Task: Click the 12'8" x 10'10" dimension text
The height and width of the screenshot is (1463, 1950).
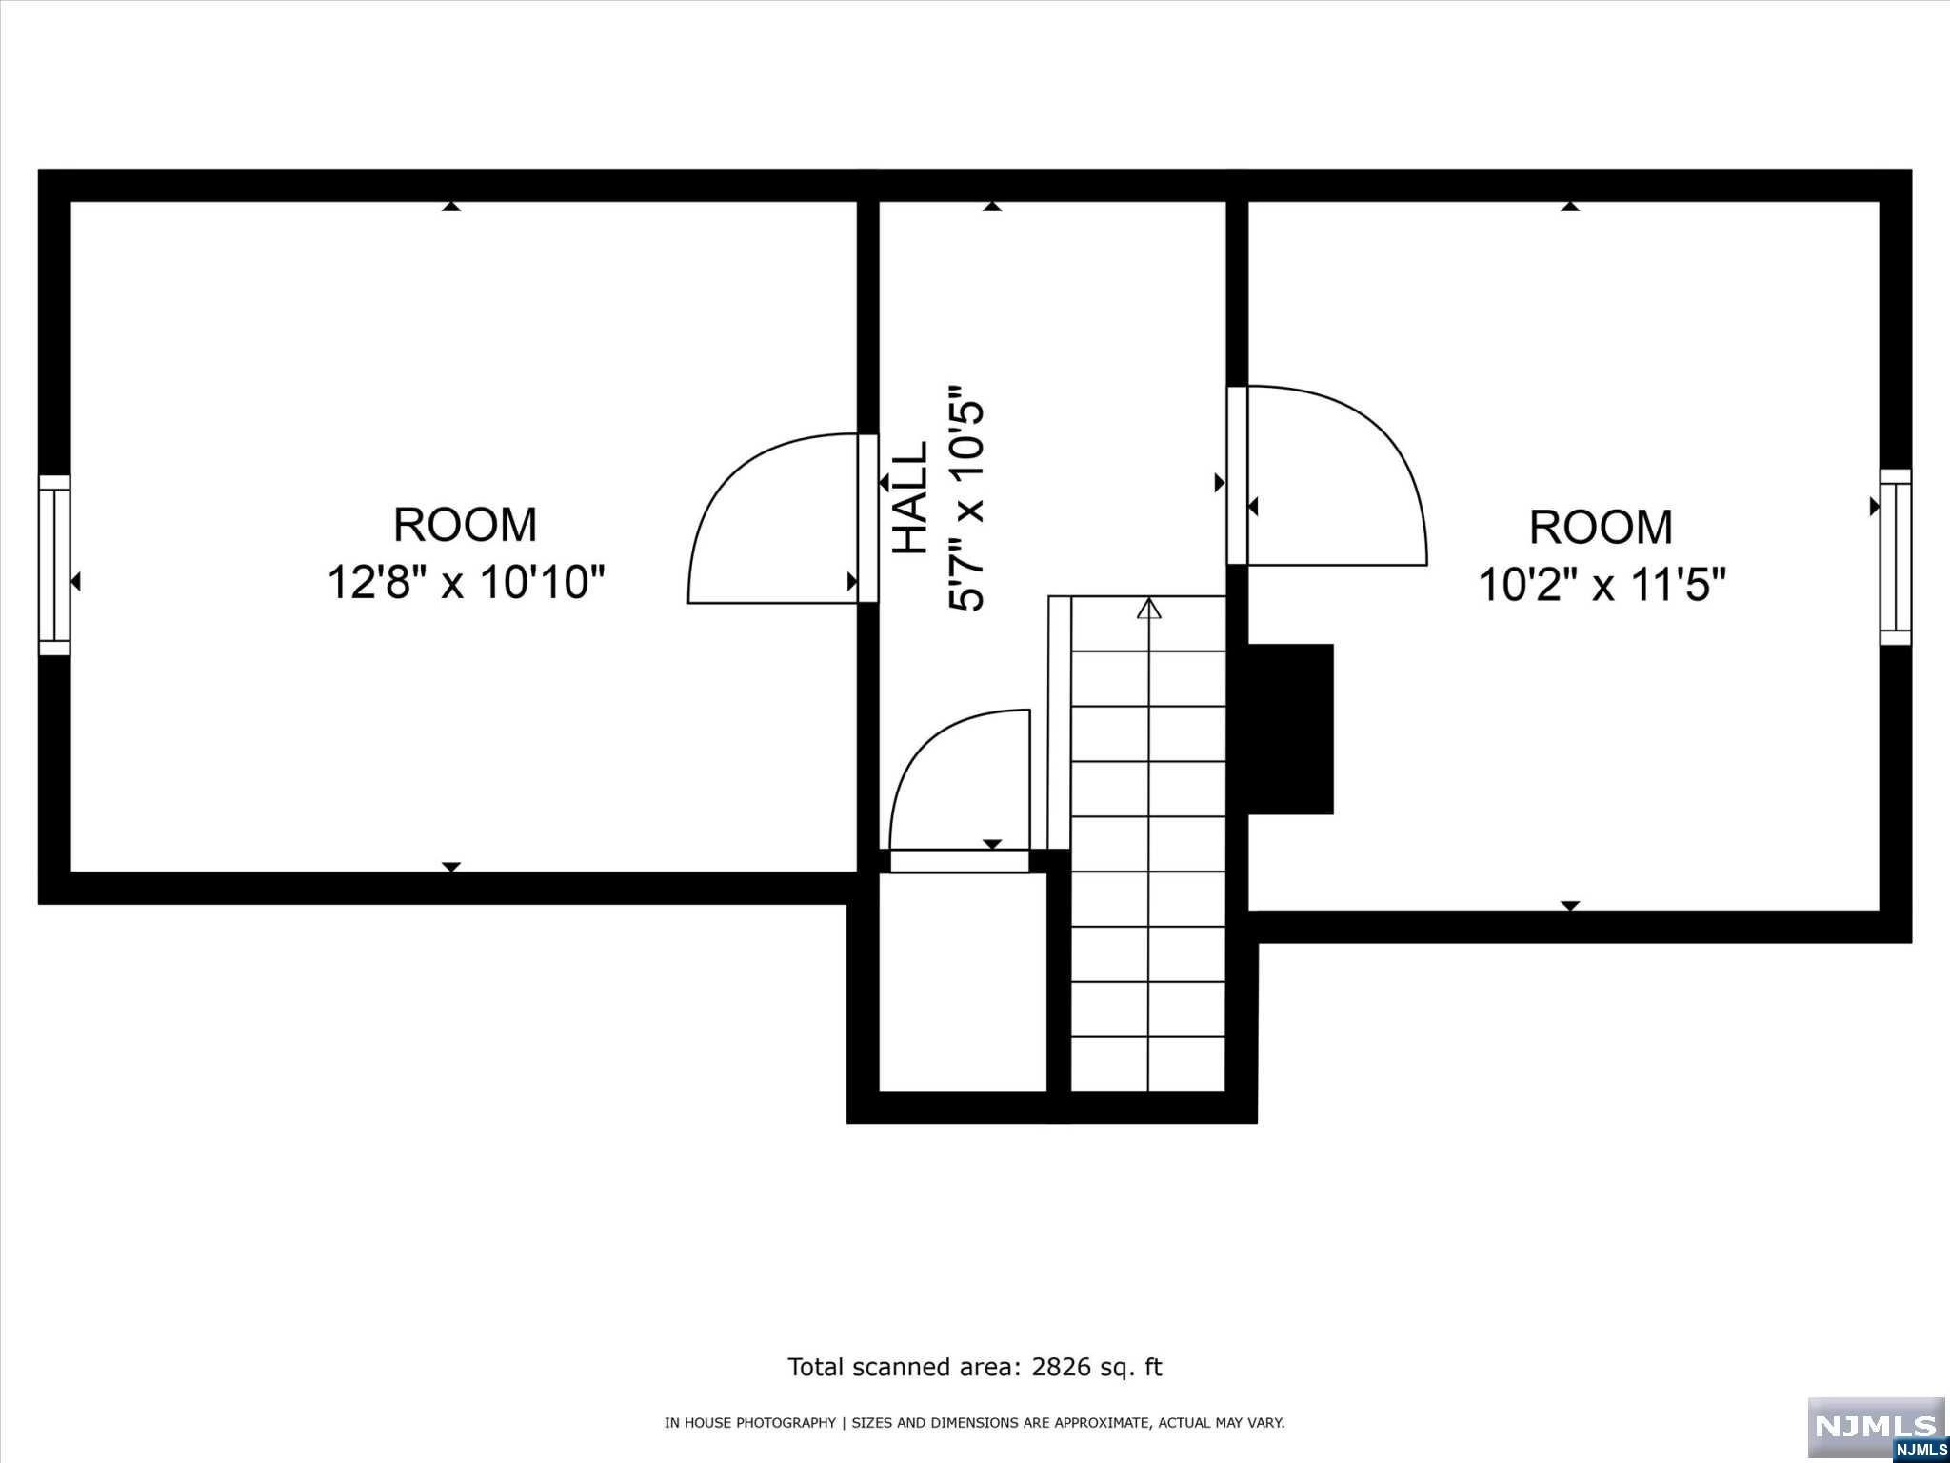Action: (466, 582)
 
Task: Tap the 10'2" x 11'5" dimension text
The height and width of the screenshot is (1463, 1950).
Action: (1602, 584)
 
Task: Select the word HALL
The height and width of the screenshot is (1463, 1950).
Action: (910, 497)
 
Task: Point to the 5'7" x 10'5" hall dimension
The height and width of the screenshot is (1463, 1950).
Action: (965, 498)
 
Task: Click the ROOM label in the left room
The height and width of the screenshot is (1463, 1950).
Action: (466, 525)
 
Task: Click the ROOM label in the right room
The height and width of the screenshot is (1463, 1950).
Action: (1601, 528)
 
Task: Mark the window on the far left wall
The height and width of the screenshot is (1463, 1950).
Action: (54, 565)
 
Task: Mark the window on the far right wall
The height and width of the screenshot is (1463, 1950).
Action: (1895, 557)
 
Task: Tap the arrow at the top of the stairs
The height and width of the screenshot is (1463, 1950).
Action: (1149, 608)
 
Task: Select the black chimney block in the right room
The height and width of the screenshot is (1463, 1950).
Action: (1290, 729)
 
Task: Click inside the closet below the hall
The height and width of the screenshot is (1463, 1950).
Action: (962, 981)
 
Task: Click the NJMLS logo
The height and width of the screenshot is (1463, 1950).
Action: (1875, 1427)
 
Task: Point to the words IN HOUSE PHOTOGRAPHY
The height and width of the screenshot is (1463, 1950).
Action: (749, 1422)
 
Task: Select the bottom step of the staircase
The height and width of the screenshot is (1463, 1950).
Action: (1147, 1064)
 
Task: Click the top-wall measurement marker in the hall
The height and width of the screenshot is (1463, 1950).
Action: (992, 206)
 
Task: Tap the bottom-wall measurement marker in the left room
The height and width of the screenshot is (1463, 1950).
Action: (451, 867)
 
